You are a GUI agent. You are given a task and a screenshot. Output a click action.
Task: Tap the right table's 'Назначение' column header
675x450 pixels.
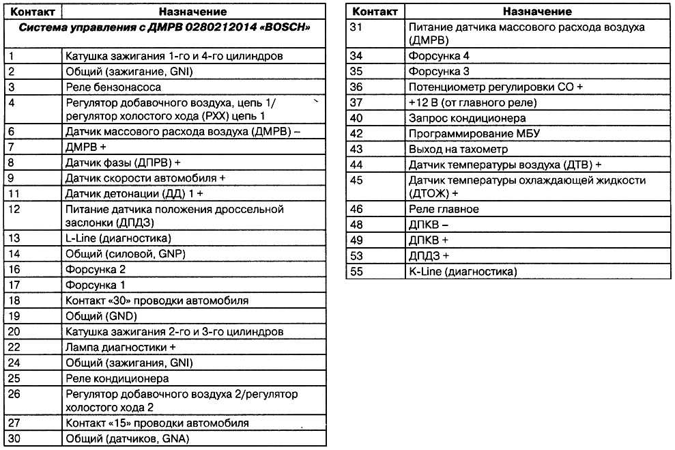[538, 12]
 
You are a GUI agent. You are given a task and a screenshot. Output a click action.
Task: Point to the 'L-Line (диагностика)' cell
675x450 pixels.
[117, 238]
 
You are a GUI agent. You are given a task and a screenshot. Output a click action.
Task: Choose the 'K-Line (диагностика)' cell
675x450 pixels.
[462, 272]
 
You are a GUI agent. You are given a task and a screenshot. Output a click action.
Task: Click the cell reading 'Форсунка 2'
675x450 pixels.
[96, 270]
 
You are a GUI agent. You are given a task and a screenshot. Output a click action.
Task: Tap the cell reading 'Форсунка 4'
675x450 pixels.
[439, 55]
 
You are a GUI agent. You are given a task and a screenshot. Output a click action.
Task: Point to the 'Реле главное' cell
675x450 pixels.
[444, 209]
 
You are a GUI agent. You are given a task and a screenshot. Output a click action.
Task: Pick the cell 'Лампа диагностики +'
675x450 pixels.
[116, 347]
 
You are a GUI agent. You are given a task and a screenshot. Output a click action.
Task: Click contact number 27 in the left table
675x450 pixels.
[14, 423]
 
